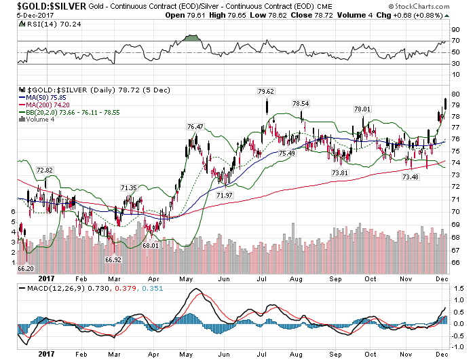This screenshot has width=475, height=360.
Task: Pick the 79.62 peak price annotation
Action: click(265, 91)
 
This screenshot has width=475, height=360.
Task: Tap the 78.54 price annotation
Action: click(301, 103)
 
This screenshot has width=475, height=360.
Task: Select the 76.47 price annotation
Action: click(195, 126)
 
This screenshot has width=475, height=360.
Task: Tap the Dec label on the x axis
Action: click(440, 278)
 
